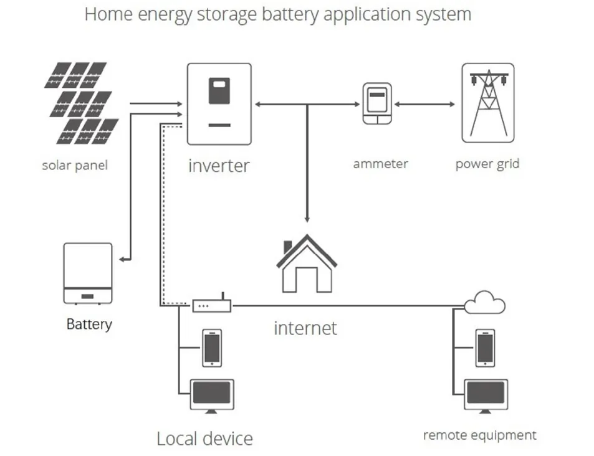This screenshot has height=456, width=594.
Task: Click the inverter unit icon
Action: coord(219,104)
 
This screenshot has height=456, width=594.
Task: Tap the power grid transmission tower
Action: coord(488,103)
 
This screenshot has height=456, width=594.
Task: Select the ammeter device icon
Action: coord(377,104)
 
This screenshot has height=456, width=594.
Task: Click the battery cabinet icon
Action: coord(88,273)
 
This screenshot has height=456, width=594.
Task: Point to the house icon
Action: coord(307,264)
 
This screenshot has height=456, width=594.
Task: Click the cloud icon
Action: coord(484,302)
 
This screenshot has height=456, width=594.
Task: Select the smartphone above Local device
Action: coord(212,348)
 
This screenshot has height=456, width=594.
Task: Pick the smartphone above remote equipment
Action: coord(486,348)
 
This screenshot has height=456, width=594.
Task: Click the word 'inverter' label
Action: coord(219,166)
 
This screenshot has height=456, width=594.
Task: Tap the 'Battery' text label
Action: coord(89,324)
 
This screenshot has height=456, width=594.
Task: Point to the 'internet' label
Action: coord(305,328)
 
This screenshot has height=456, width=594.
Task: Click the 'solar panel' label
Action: coord(75,166)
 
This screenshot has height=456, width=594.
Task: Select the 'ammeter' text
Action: coord(381,164)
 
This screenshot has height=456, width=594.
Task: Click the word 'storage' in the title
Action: coord(227,14)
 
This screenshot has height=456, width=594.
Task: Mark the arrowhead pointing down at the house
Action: coord(307,219)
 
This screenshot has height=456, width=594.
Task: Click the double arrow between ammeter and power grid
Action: coord(424,104)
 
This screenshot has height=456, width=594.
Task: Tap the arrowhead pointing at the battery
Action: coord(122,259)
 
